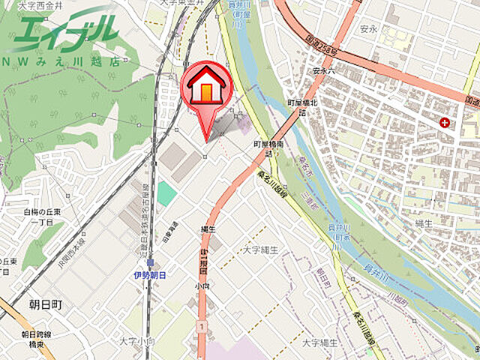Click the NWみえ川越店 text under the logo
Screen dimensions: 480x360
click(60, 61)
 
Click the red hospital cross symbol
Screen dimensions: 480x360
click(446, 122)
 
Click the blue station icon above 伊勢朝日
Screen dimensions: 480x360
click(151, 263)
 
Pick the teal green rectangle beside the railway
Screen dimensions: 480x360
click(166, 193)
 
